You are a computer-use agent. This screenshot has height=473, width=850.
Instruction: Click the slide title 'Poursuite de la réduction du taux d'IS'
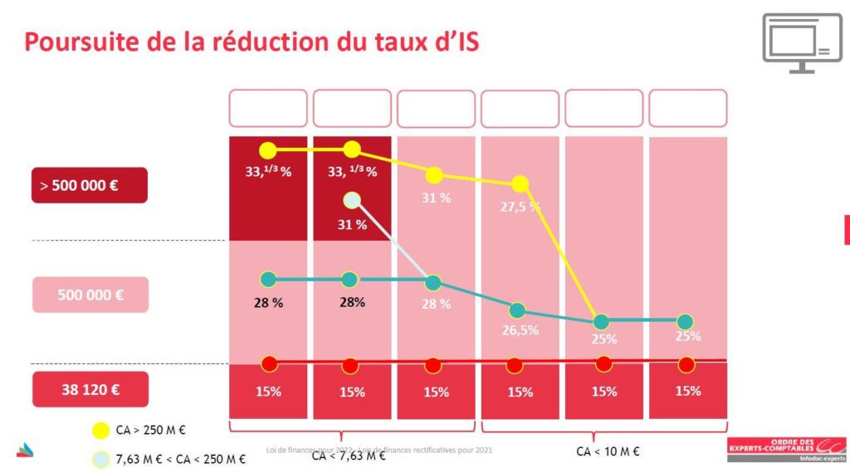(x=252, y=41)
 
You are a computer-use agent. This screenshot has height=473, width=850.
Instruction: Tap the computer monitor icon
(x=801, y=42)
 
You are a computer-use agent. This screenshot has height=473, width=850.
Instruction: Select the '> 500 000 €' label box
(x=90, y=185)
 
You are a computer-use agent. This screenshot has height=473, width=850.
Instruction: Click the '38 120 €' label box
(x=90, y=388)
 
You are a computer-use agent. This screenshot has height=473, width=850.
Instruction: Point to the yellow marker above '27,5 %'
(x=520, y=183)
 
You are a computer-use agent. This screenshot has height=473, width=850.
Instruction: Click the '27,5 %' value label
(x=520, y=207)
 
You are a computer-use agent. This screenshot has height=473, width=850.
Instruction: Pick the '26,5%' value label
(x=520, y=329)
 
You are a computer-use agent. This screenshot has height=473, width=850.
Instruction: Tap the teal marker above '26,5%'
(x=517, y=310)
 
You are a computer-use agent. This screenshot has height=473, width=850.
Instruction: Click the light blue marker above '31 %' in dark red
(x=352, y=200)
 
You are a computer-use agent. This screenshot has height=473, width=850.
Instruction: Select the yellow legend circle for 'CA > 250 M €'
(x=100, y=430)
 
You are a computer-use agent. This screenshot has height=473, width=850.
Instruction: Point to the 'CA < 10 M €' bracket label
(x=607, y=451)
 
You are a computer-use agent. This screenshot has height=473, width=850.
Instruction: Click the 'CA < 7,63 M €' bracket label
(x=348, y=456)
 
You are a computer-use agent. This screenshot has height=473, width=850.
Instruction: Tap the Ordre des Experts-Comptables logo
(x=786, y=448)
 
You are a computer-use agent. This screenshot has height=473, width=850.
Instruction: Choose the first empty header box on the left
(x=267, y=108)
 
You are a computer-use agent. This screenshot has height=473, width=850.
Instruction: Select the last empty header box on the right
(x=687, y=108)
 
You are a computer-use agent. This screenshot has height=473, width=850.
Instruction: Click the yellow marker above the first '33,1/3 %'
(x=267, y=150)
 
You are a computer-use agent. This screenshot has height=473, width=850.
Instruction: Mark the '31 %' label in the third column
(x=436, y=198)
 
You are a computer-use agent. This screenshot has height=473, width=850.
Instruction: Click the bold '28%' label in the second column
(x=352, y=302)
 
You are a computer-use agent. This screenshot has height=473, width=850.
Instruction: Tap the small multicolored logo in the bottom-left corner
(x=26, y=450)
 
